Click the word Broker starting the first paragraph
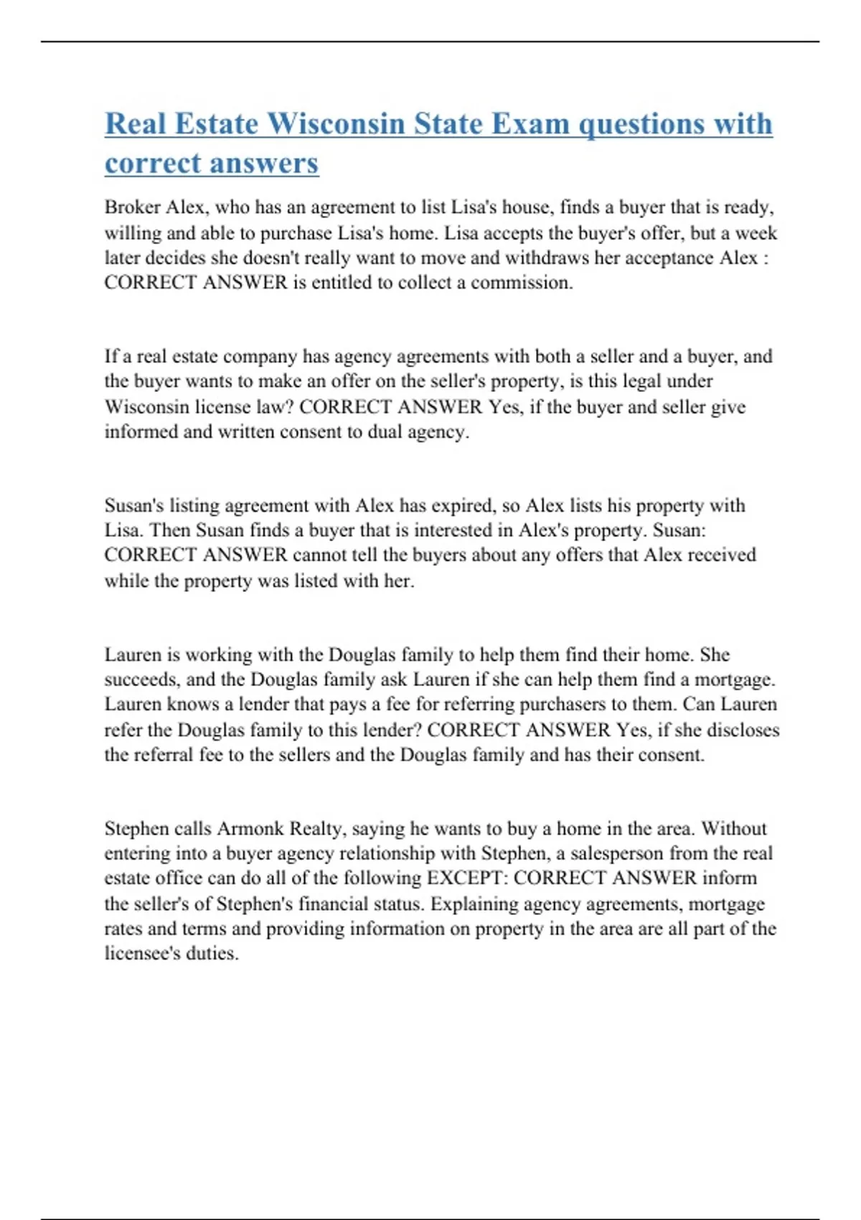(132, 207)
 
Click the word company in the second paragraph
(254, 357)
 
